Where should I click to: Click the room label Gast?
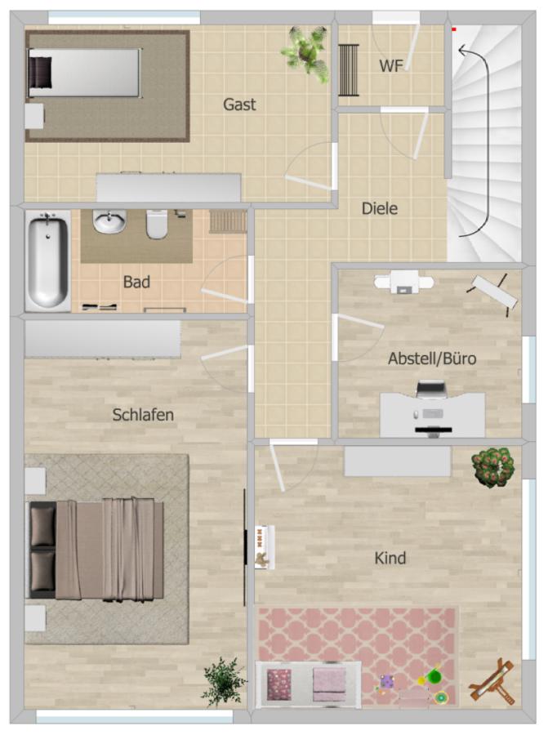239,105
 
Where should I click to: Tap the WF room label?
391,66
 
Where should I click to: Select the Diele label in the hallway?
380,208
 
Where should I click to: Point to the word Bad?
136,282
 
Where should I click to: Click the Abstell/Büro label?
432,359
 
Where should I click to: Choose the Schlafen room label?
143,415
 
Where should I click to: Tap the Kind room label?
390,559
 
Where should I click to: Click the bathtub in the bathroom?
47,260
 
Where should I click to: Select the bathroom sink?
109,221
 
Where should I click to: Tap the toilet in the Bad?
158,224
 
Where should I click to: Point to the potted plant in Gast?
305,51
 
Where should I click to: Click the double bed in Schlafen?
96,550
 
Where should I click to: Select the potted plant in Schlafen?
223,679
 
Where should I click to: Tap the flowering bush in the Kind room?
492,465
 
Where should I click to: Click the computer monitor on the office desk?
432,391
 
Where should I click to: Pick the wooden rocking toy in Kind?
493,683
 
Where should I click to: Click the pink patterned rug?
357,637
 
